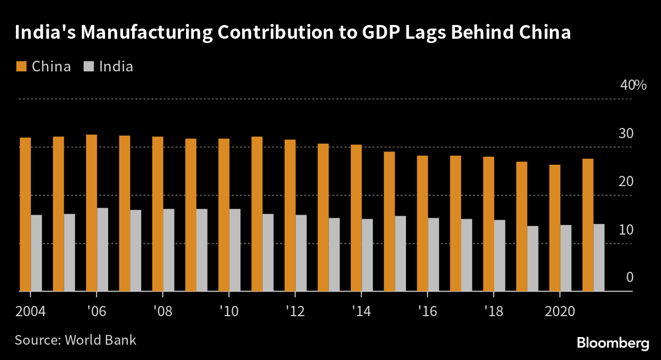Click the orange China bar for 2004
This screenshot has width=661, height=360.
25,214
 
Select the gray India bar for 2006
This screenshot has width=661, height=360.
103,249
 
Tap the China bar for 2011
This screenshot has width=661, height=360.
257,214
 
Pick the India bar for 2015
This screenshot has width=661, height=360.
400,253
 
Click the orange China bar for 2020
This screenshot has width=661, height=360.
555,228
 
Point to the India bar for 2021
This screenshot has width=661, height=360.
599,258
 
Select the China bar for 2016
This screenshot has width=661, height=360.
422,223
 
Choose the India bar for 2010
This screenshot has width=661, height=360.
235,250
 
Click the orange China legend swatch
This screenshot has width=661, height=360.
21,66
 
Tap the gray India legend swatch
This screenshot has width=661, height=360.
88,66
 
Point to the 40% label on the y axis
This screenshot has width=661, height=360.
633,85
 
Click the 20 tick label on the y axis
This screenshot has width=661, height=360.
626,182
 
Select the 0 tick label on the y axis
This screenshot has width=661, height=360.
629,277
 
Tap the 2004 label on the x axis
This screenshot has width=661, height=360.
30,311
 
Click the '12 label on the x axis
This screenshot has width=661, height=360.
295,311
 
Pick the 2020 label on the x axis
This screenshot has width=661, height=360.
560,311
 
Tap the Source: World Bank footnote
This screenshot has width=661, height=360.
75,340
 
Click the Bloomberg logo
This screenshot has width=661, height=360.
613,343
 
